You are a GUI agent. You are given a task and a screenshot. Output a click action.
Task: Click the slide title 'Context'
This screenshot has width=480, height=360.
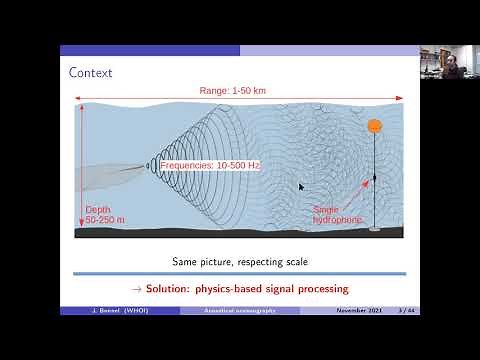pos(90,73)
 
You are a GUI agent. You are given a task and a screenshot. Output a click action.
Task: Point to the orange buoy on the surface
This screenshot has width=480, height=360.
pos(374,126)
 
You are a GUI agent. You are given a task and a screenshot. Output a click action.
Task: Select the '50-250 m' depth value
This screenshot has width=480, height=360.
pos(105,218)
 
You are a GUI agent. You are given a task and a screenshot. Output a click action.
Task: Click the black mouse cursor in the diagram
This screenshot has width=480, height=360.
pos(300,186)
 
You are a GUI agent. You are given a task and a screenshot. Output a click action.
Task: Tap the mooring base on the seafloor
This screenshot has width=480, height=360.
pos(374,229)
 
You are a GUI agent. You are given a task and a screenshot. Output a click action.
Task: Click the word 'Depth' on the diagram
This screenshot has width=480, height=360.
pos(97,208)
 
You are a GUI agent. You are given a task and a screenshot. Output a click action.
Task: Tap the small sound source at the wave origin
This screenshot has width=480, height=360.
pos(140,166)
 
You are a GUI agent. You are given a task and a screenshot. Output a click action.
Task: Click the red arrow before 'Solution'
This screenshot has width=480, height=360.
pos(138,289)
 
